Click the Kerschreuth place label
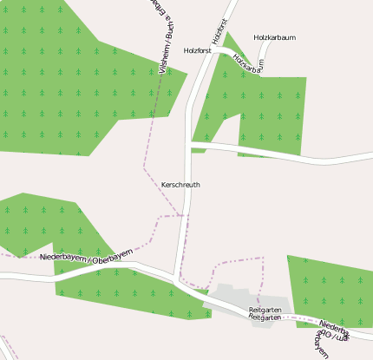pyautogui.click(x=180, y=185)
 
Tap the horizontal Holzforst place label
pyautogui.click(x=198, y=51)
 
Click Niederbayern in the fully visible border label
pyautogui.click(x=64, y=258)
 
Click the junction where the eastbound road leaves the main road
pyautogui.click(x=191, y=144)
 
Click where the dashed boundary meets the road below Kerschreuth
pyautogui.click(x=184, y=215)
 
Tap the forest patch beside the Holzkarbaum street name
pyautogui.click(x=273, y=113)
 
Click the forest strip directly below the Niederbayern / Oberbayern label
pyautogui.click(x=130, y=291)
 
